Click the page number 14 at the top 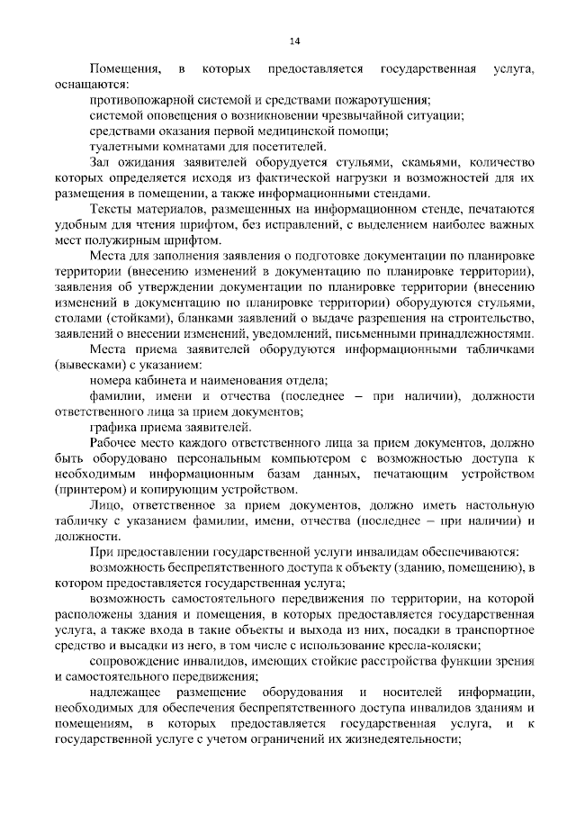(x=293, y=41)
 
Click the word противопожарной (x=138, y=99)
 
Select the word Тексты (x=112, y=209)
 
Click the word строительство (x=486, y=319)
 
